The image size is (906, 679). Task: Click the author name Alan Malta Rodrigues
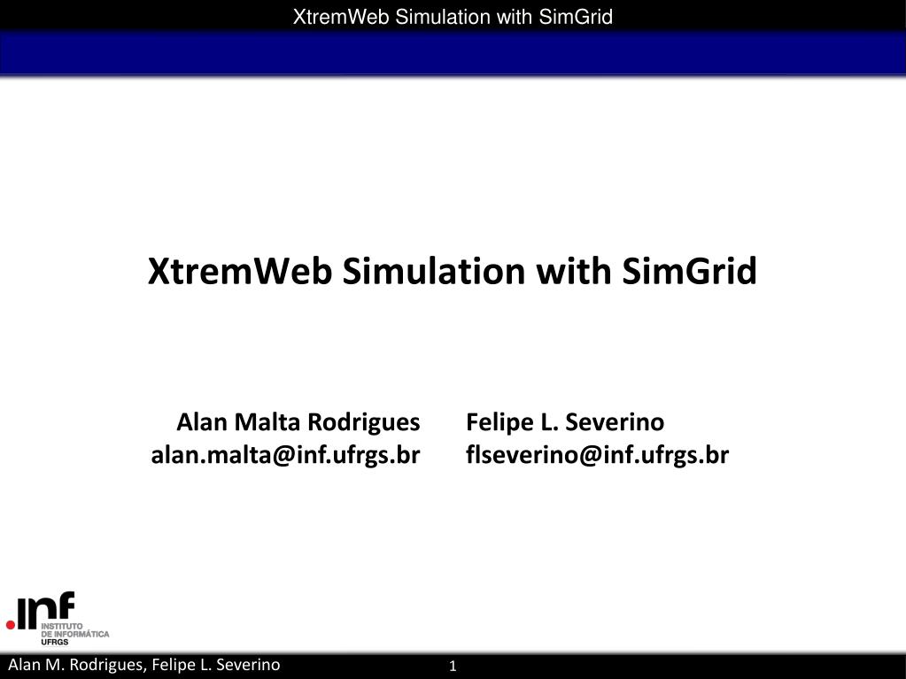298,422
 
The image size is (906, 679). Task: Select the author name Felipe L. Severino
565,422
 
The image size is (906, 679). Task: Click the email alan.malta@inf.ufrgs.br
285,455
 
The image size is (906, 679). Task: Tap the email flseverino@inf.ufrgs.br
598,455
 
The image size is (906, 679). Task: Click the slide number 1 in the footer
453,667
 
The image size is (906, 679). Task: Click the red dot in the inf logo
11,625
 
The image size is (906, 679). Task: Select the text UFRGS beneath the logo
54,642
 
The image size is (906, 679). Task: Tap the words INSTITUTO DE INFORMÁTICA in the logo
74,630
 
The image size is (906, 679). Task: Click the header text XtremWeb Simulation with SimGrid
453,17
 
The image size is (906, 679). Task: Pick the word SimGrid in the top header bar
576,17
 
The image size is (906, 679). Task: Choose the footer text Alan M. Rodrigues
75,665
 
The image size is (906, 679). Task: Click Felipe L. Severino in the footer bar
216,665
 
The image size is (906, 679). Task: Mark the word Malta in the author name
267,422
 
